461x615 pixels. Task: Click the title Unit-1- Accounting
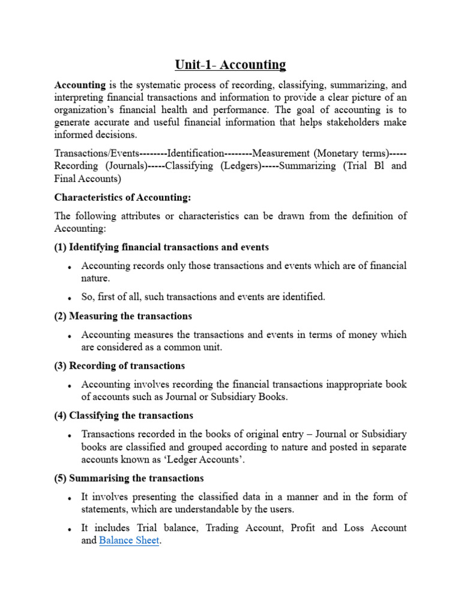pyautogui.click(x=230, y=64)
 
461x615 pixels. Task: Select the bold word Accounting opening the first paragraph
pyautogui.click(x=80, y=85)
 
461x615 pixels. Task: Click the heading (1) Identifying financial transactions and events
pyautogui.click(x=161, y=247)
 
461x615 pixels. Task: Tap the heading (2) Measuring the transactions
pyautogui.click(x=123, y=316)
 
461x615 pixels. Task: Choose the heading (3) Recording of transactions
pyautogui.click(x=119, y=366)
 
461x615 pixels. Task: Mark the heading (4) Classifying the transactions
pyautogui.click(x=124, y=416)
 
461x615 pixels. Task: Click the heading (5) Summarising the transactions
pyautogui.click(x=129, y=478)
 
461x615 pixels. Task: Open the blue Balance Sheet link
pyautogui.click(x=129, y=541)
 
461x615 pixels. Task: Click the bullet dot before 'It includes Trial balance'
pyautogui.click(x=70, y=529)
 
